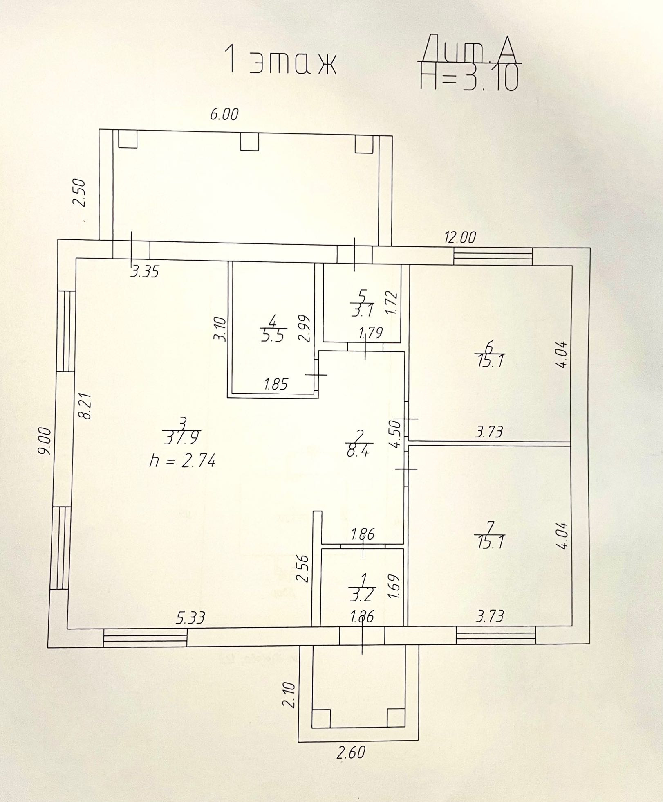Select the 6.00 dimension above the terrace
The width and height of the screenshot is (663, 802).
(x=224, y=115)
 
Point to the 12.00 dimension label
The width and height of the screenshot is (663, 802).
(x=460, y=238)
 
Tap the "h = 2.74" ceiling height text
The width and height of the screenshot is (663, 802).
(x=182, y=461)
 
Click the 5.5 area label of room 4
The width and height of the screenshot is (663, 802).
(x=272, y=336)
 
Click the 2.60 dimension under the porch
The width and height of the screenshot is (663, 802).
(x=351, y=752)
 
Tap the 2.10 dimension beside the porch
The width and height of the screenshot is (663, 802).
(x=289, y=693)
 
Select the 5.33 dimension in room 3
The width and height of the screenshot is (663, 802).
(x=190, y=618)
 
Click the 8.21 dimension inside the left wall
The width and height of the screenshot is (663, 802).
(x=86, y=406)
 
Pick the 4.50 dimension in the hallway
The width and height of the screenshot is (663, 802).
(x=396, y=433)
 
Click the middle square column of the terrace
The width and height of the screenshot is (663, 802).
(x=249, y=142)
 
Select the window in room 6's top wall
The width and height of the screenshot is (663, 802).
(x=493, y=257)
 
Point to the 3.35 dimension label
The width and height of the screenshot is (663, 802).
(x=145, y=272)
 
